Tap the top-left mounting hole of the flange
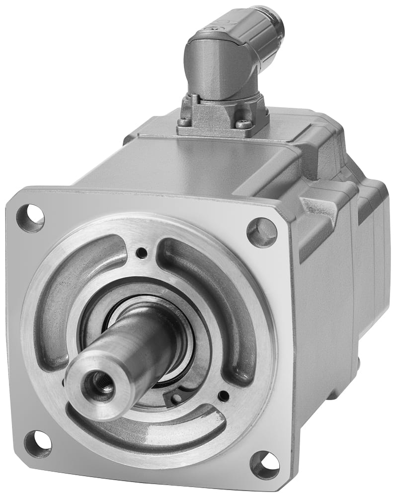30,218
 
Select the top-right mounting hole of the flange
262,232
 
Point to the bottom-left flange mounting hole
38,443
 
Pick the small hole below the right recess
224,396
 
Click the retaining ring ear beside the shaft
176,396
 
